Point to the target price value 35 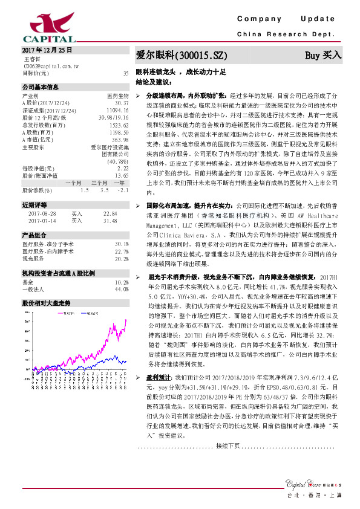pyautogui.click(x=125, y=73)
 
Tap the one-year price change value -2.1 pyautogui.click(x=122, y=190)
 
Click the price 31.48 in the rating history pyautogui.click(x=110, y=221)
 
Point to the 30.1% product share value pyautogui.click(x=121, y=244)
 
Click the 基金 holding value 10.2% pyautogui.click(x=121, y=282)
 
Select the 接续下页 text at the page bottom pyautogui.click(x=228, y=446)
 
